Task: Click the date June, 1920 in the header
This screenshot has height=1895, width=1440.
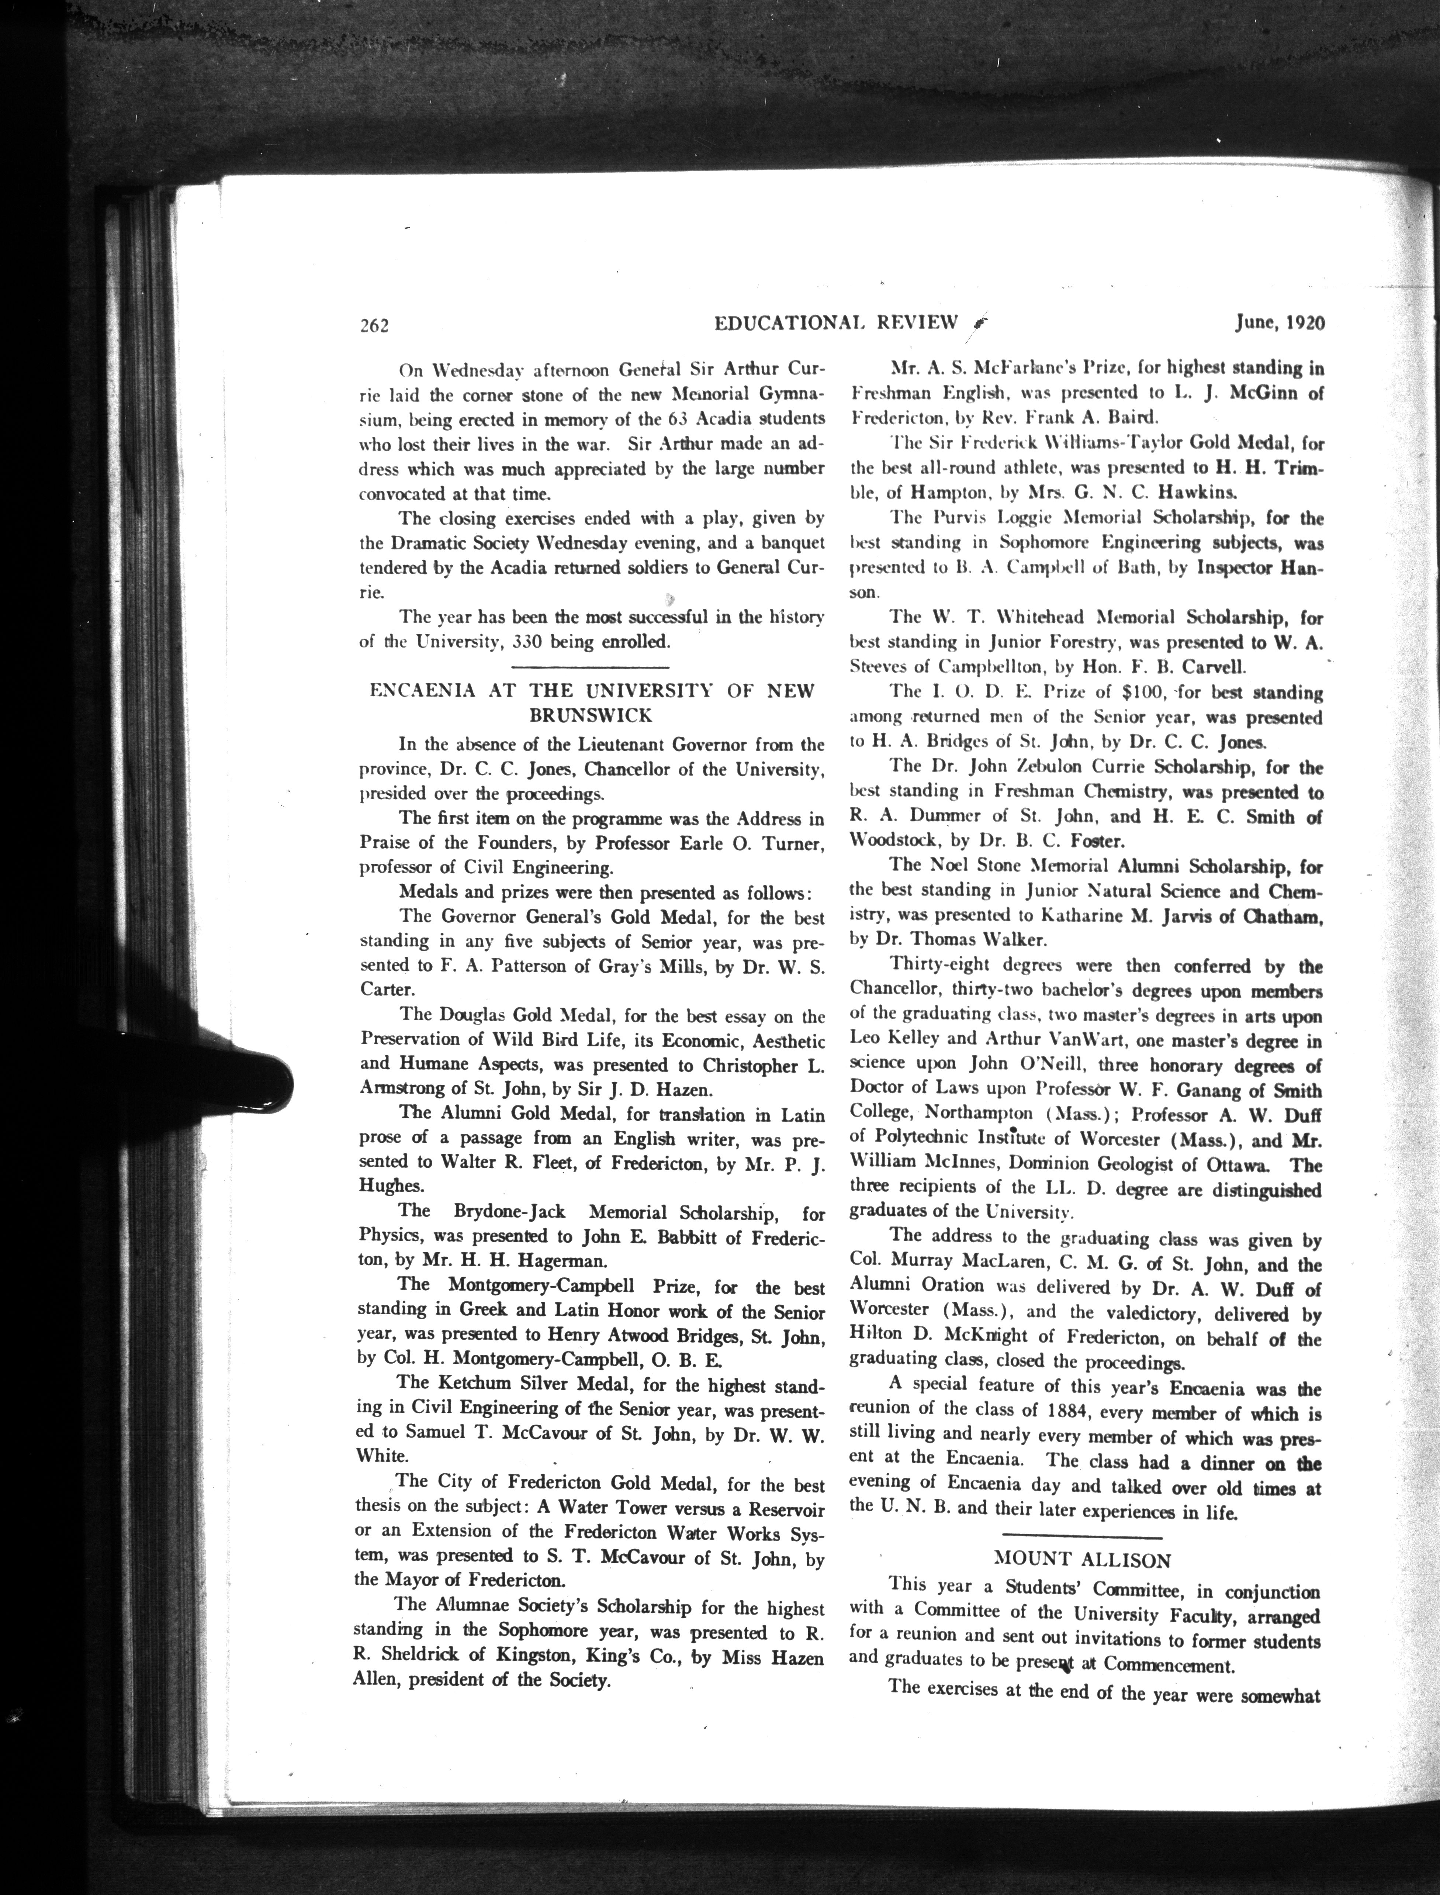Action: [x=1280, y=323]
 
